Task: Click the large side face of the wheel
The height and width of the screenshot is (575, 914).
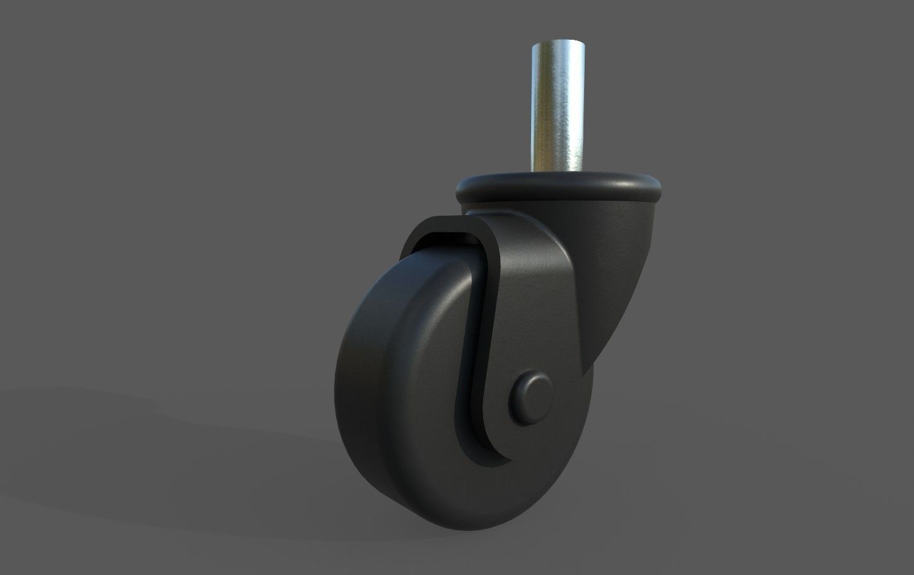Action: tap(404, 391)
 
